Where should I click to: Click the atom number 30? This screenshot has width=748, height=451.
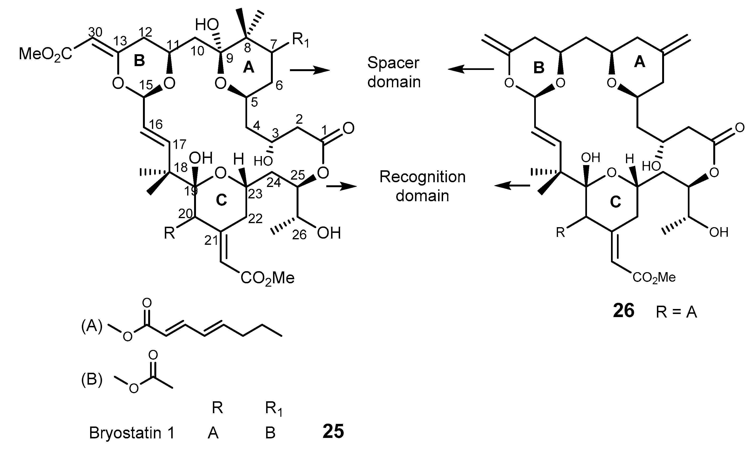pyautogui.click(x=95, y=32)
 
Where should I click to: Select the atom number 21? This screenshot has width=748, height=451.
pyautogui.click(x=211, y=240)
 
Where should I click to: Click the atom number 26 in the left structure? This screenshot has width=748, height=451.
pyautogui.click(x=299, y=235)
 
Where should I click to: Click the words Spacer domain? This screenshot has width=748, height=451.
pyautogui.click(x=394, y=72)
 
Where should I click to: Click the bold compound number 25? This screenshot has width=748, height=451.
pyautogui.click(x=333, y=431)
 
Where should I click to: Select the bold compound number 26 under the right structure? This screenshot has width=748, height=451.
pyautogui.click(x=624, y=311)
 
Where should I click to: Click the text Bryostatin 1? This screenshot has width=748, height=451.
pyautogui.click(x=132, y=432)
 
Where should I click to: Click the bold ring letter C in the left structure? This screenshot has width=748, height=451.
pyautogui.click(x=221, y=200)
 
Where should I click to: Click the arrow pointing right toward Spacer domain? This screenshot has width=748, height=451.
pyautogui.click(x=310, y=70)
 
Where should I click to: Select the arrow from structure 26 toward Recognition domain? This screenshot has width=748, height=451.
pyautogui.click(x=513, y=186)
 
